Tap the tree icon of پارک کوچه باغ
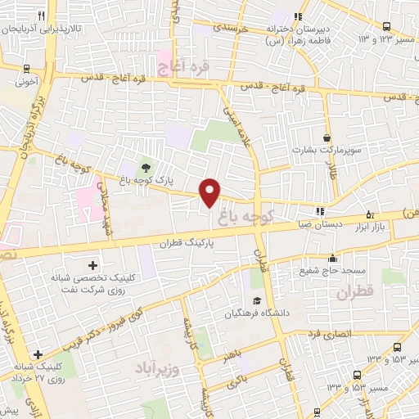click(146, 167)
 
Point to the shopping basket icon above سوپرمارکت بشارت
click(327, 137)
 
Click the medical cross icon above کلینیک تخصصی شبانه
click(92, 265)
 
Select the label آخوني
click(26, 82)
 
